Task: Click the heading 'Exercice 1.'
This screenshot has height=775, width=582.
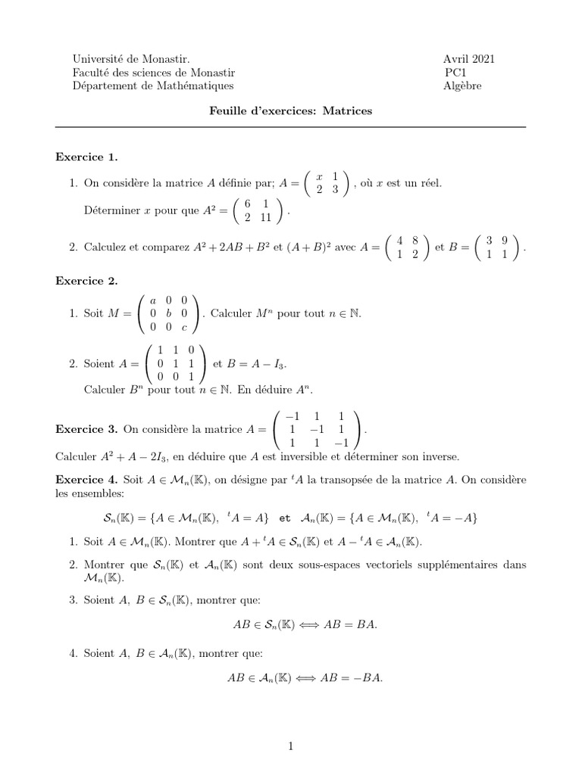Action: coord(87,157)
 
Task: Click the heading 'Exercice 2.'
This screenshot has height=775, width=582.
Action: coord(87,281)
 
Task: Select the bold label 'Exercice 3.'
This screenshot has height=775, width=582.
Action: coord(87,429)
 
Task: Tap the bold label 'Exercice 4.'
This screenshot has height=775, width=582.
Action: coord(87,479)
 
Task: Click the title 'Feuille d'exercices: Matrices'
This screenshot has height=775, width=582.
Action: coord(291,110)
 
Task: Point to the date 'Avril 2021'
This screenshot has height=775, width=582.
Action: coord(470,59)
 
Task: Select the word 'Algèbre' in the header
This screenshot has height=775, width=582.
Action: coord(462,86)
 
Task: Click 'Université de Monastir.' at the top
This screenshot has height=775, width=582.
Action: coord(131,59)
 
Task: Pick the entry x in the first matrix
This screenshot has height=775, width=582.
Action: coord(320,176)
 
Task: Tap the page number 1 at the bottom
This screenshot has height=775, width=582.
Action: coord(290,746)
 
